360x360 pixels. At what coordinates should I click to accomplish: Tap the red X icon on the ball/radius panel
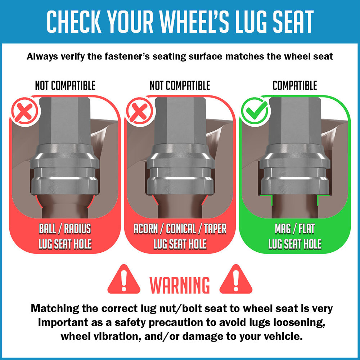25,111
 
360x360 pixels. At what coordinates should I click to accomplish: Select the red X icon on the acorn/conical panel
140,111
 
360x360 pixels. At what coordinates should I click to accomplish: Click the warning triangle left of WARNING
124,280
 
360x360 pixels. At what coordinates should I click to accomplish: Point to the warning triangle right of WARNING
236,280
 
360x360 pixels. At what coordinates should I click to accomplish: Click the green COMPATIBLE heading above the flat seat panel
295,85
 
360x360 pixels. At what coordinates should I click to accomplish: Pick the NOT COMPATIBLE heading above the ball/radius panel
65,85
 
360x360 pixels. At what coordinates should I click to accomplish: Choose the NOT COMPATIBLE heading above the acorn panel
180,85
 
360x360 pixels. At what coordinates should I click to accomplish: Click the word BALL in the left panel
48,229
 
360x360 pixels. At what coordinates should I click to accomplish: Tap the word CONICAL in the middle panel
181,229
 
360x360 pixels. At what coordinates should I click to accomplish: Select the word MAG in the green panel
283,229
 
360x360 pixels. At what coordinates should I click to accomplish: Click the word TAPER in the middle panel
215,229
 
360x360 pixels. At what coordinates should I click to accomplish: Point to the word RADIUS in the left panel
77,229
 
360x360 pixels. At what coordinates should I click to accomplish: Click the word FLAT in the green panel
307,229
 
